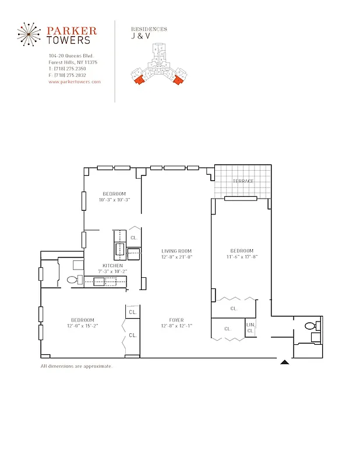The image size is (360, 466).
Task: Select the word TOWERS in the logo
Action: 68,40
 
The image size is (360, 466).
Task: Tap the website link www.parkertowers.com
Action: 75,82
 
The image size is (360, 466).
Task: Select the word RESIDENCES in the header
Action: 149,29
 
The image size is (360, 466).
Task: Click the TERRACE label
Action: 243,181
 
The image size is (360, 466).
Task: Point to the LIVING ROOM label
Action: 177,252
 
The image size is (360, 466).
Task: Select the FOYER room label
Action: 177,320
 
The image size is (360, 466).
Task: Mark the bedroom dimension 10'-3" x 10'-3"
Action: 114,200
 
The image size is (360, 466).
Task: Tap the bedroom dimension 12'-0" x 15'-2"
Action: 83,326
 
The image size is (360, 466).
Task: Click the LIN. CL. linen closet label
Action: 250,327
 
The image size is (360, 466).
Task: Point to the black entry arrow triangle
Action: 284,362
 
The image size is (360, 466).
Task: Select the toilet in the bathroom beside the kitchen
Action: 73,280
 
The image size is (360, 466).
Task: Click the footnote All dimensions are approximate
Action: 76,366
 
